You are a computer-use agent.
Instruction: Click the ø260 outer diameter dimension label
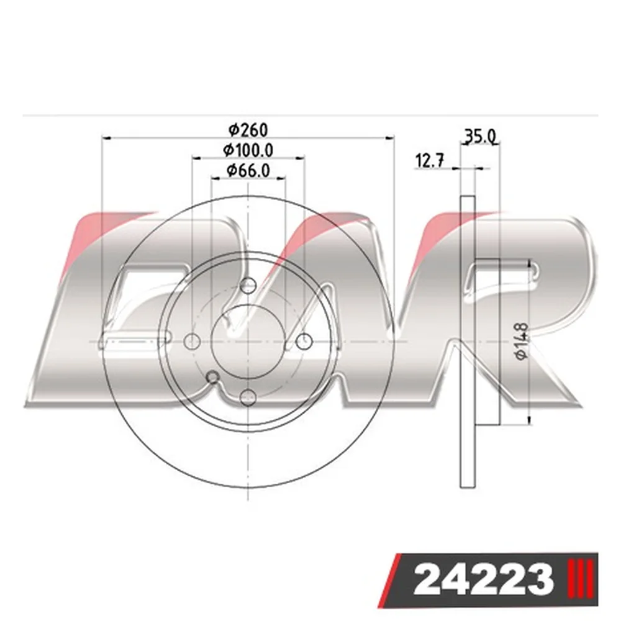[x=248, y=130]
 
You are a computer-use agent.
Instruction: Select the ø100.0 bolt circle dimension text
[x=248, y=150]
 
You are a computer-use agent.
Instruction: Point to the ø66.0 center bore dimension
[x=248, y=170]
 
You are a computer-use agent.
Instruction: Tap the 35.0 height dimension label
[x=480, y=137]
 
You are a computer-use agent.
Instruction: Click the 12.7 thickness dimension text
[x=430, y=161]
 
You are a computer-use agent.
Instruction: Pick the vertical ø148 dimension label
[x=522, y=341]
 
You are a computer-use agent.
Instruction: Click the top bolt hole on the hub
[x=248, y=286]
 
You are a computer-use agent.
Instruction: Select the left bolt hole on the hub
[x=193, y=341]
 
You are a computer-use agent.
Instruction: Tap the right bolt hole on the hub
[x=304, y=341]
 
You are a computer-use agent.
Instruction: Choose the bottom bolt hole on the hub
[x=248, y=396]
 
